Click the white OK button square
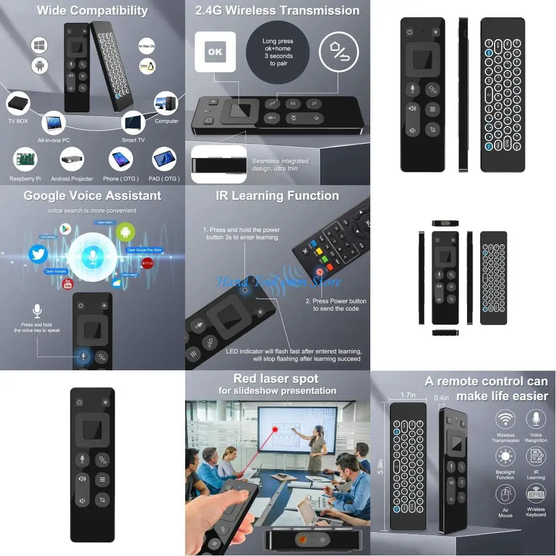click(x=215, y=52)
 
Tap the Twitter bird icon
click(x=38, y=254)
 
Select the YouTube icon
click(x=68, y=283)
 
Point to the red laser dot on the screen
click(x=275, y=429)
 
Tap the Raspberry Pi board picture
click(x=25, y=160)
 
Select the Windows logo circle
click(x=40, y=45)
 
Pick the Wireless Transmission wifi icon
click(x=506, y=420)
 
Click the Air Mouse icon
click(x=506, y=495)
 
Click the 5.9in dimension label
click(x=381, y=466)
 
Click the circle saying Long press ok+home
click(x=277, y=53)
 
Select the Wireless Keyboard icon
click(x=536, y=495)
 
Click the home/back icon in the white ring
click(x=339, y=52)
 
